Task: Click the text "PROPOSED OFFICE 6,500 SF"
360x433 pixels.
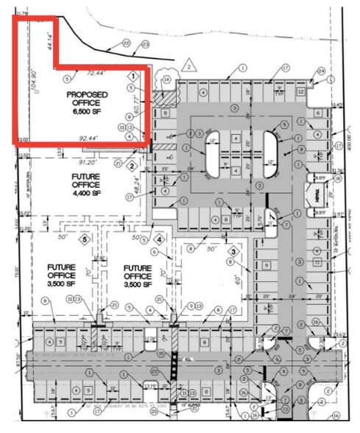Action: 88,103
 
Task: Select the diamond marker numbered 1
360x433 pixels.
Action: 133,77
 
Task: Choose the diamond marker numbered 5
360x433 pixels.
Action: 85,238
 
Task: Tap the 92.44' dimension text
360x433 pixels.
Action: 84,137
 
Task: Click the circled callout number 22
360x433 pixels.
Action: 127,43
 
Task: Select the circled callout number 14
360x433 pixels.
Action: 166,79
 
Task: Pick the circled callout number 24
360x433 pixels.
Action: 321,71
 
